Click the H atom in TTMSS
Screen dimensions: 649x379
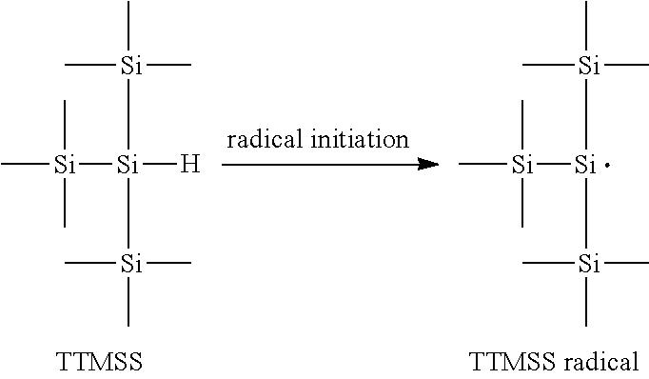[190, 166]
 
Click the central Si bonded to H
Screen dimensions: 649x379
[128, 166]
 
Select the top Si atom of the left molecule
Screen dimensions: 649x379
[128, 66]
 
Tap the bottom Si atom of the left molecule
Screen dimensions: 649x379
[128, 264]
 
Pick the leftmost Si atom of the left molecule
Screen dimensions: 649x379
[65, 166]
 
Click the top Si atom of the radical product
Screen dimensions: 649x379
[589, 66]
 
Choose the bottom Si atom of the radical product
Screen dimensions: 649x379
[589, 263]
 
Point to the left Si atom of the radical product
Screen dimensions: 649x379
[521, 166]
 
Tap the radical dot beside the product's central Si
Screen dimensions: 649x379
[607, 166]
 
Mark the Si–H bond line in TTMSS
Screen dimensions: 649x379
[159, 166]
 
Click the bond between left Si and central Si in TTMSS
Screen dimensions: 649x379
[96, 166]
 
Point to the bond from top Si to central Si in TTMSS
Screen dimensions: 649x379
[128, 114]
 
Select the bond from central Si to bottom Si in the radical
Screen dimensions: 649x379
[586, 214]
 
